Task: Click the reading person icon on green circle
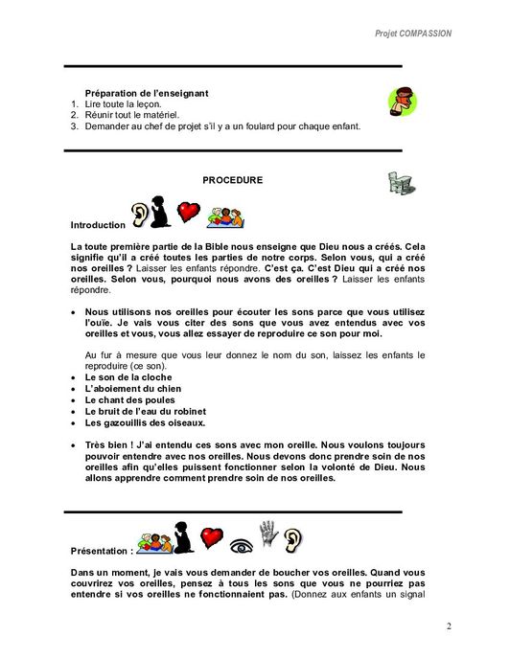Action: coord(403,99)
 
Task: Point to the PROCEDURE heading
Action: coord(233,179)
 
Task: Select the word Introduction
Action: coord(98,225)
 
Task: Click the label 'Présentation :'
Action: coord(102,552)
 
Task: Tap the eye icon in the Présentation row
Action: coord(242,545)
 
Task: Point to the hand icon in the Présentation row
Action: coord(269,534)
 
